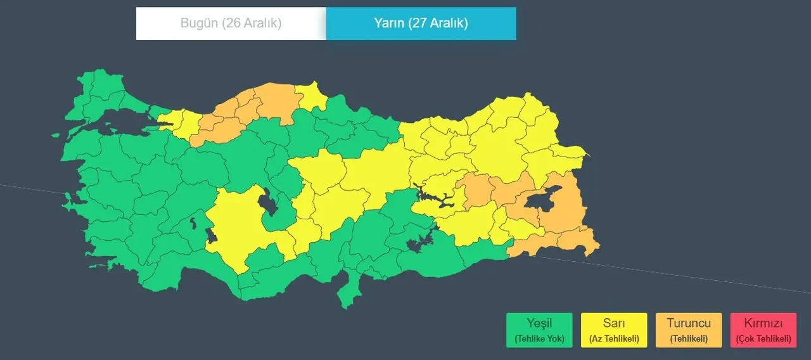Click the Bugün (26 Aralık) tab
click(231, 23)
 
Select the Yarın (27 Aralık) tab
click(421, 23)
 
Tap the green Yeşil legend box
click(539, 330)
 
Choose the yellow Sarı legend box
click(614, 330)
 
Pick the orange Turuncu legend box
click(689, 330)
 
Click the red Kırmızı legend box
click(763, 330)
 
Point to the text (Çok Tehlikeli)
click(763, 339)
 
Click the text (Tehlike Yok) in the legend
click(539, 338)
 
